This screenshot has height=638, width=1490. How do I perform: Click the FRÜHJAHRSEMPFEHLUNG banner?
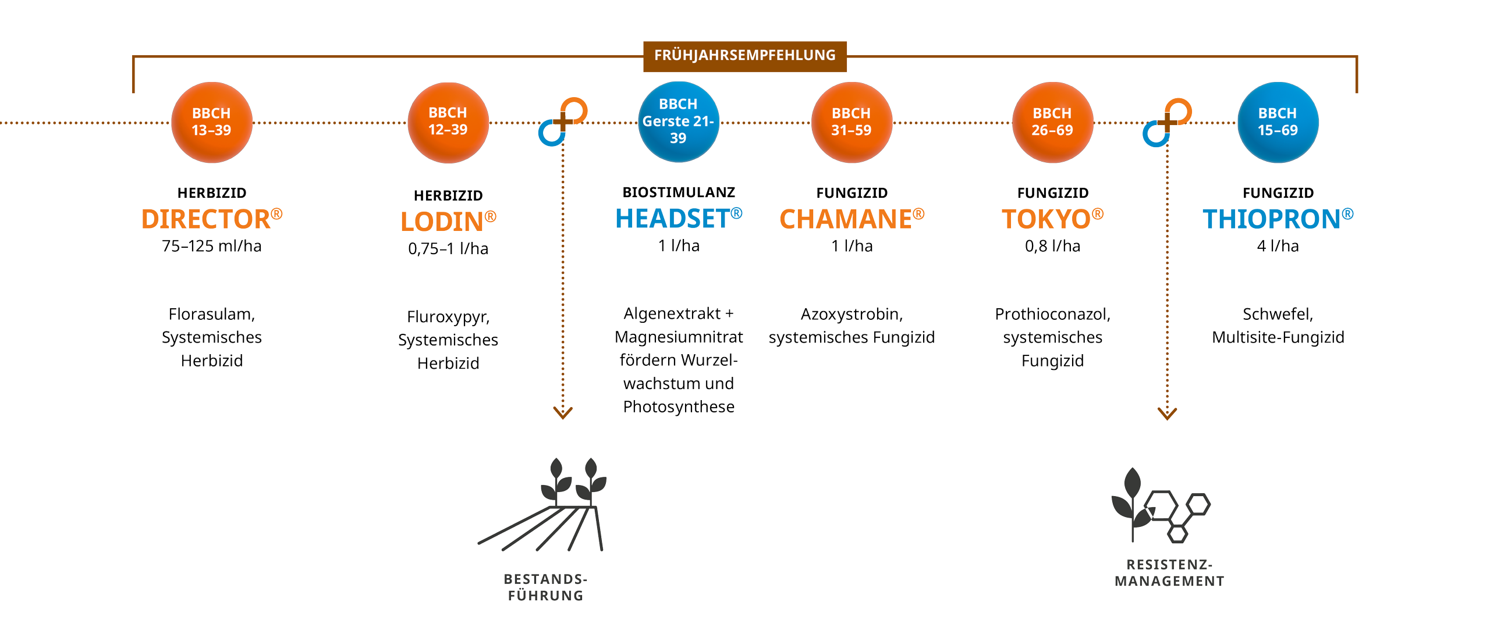click(x=744, y=56)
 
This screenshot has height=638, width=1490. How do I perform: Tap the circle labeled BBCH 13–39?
click(x=211, y=122)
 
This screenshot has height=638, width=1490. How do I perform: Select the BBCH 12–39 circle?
click(x=448, y=122)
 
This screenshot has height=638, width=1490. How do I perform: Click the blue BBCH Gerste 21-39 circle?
click(x=678, y=122)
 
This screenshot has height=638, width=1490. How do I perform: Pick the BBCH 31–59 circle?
click(x=851, y=122)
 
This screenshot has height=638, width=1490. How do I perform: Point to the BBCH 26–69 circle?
click(x=1052, y=122)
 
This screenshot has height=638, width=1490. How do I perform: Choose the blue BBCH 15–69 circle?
click(x=1278, y=122)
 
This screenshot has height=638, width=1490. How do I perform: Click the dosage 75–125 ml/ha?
click(x=211, y=246)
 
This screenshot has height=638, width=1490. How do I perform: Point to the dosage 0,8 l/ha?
click(x=1052, y=246)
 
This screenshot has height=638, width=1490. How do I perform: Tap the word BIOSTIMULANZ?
click(x=678, y=192)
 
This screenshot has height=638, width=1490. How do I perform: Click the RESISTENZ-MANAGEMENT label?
click(x=1169, y=573)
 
